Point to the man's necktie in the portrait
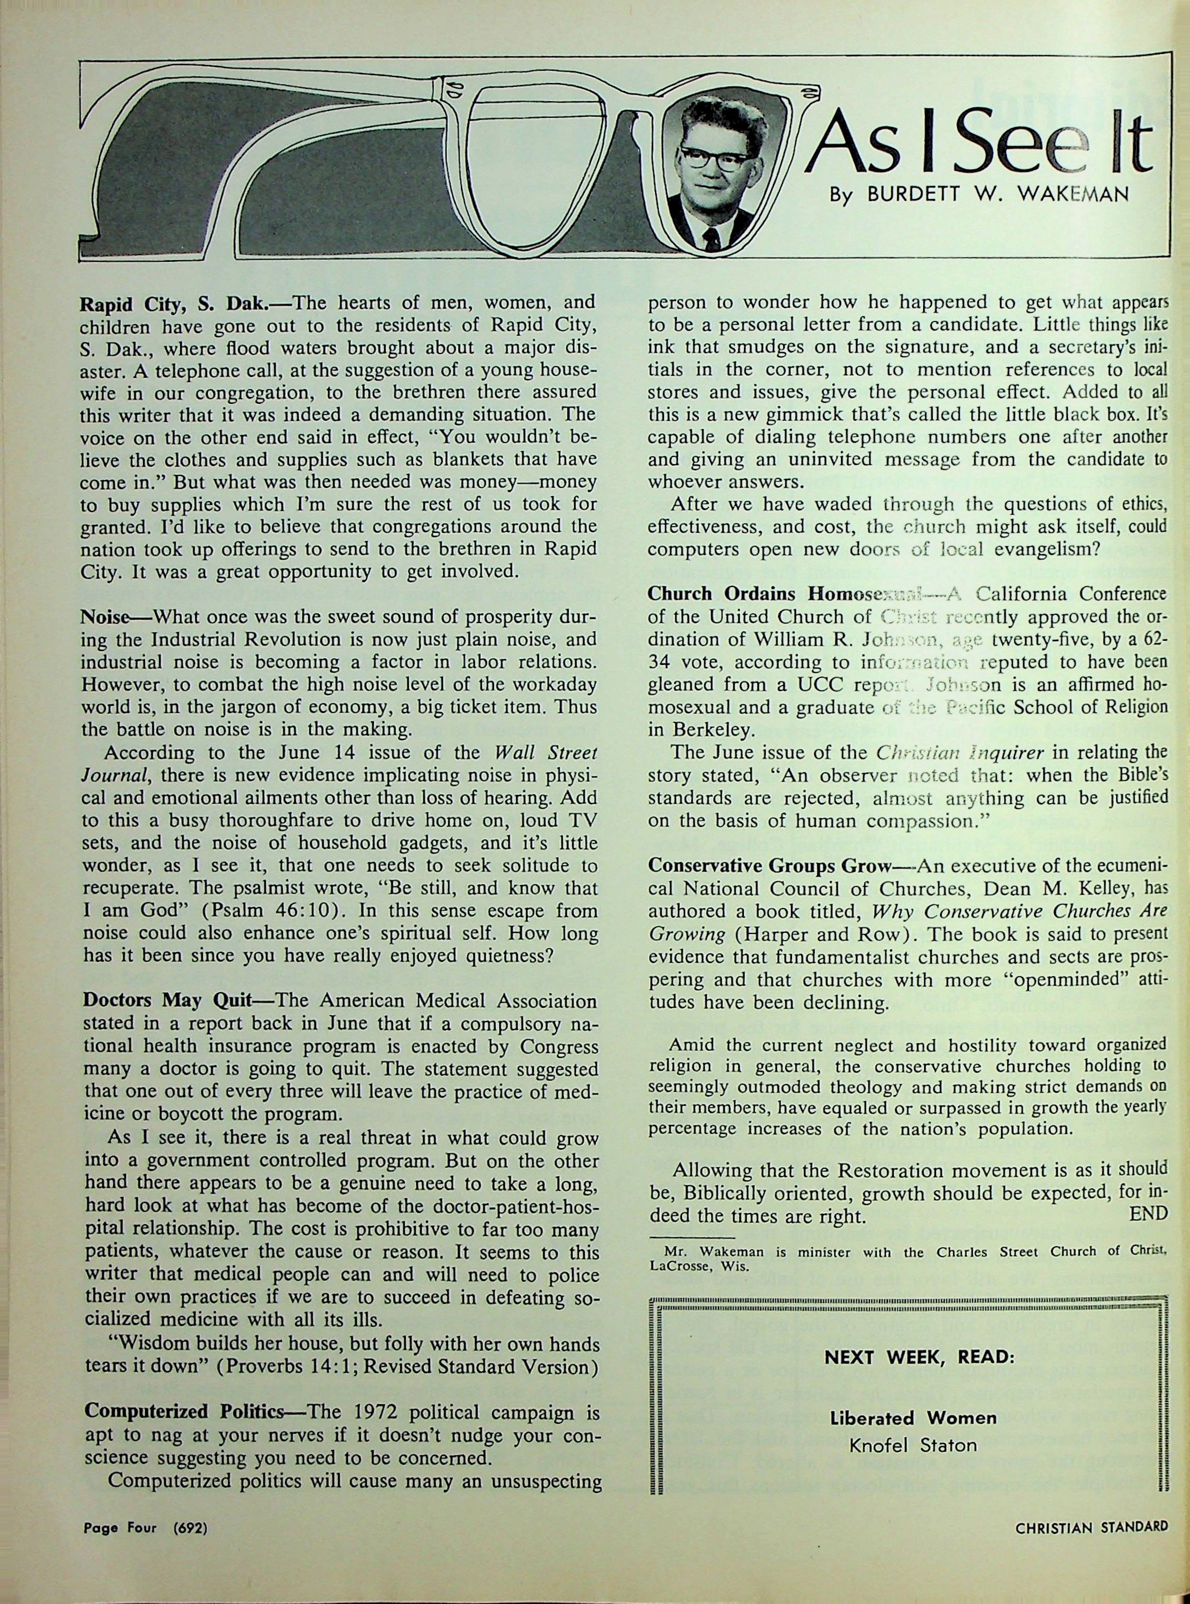[x=712, y=237]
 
